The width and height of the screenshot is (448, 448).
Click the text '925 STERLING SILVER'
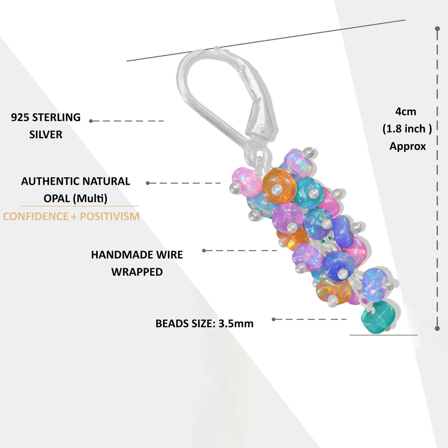(46, 126)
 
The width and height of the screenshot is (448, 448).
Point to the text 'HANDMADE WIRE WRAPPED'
(137, 263)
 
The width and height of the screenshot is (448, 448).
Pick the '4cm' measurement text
(406, 111)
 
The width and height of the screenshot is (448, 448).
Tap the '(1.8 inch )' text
(407, 129)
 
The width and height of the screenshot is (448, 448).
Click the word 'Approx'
(407, 146)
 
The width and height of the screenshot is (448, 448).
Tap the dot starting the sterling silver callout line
(91, 121)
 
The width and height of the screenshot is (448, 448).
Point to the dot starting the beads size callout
(273, 319)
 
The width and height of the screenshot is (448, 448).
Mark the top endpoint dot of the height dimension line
(437, 28)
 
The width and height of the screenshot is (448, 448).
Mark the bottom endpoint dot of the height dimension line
(437, 328)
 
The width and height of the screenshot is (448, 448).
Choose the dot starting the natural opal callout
(148, 183)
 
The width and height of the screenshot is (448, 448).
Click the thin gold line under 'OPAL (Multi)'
(80, 206)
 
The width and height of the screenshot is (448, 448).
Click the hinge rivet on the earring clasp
(261, 131)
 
